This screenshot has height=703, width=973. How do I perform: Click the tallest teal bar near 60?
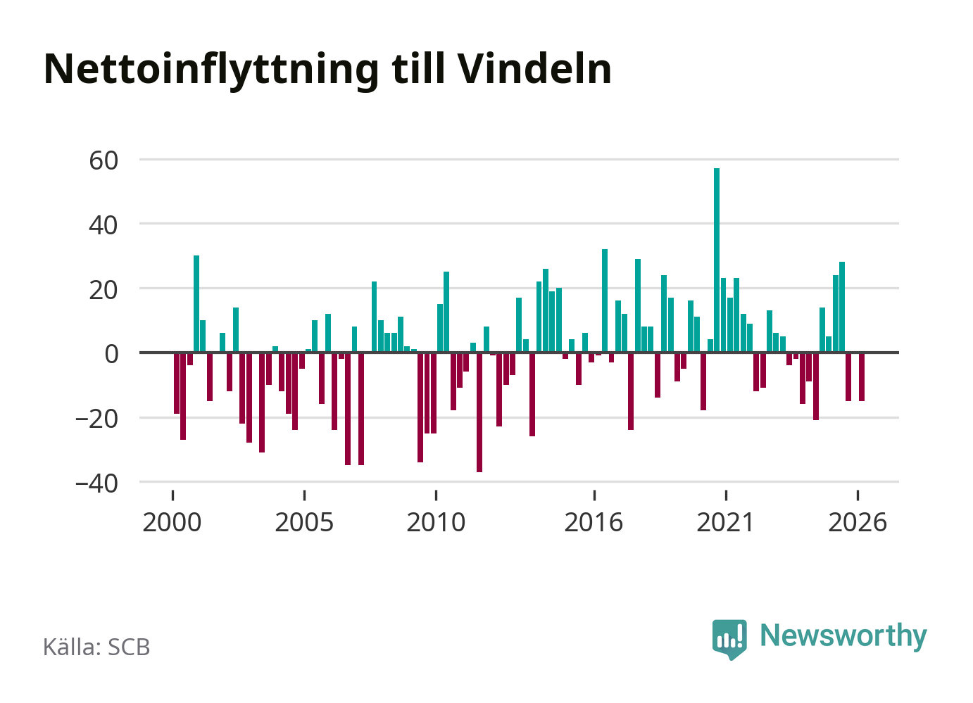pos(716,260)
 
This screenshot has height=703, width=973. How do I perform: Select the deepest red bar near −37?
pos(479,412)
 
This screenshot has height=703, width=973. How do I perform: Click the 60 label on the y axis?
pos(103,160)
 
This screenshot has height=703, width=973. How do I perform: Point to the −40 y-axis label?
pos(96,483)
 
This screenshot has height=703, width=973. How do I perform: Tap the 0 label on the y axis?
pos(111,354)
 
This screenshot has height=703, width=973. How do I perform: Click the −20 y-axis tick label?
pos(96,419)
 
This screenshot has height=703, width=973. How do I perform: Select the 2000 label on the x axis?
pos(172,522)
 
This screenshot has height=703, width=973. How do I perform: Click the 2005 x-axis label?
pos(304,522)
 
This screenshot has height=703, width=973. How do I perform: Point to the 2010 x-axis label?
pos(436,522)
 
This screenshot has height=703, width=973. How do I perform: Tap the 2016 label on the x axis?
pos(594,522)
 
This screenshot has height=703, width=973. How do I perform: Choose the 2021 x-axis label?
pos(725,522)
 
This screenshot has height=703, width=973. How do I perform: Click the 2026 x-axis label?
pos(858,522)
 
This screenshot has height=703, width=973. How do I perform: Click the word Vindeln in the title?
pos(534,68)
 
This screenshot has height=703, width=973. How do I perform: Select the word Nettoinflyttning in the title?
pos(211,71)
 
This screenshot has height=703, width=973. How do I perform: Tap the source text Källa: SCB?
pos(96,647)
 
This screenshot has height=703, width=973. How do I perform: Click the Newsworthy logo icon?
pos(729,639)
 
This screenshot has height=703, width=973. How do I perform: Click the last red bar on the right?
pos(861,377)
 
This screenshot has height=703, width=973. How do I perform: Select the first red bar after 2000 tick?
pos(176,384)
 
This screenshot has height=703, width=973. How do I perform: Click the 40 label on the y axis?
pos(103,225)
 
